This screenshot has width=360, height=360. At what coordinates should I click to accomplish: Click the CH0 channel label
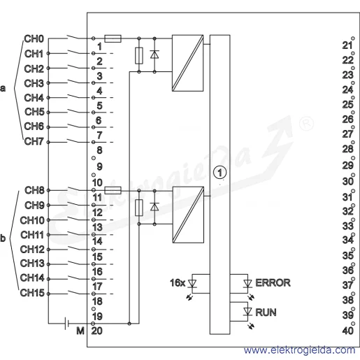click(x=34, y=39)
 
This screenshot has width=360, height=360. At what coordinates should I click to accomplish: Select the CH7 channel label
click(x=34, y=141)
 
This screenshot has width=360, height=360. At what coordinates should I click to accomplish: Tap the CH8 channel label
click(x=34, y=190)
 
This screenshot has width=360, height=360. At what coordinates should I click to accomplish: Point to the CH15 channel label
click(x=32, y=293)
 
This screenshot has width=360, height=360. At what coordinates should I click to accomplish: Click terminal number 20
click(x=96, y=331)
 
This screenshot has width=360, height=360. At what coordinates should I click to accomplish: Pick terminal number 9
click(x=99, y=166)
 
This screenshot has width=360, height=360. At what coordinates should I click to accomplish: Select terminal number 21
click(x=347, y=45)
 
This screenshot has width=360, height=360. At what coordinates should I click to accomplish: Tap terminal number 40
click(x=348, y=331)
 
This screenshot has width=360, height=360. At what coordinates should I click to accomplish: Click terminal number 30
click(x=348, y=181)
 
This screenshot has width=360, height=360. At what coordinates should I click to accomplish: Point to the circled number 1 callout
click(x=219, y=173)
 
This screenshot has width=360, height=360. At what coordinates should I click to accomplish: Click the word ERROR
click(x=273, y=283)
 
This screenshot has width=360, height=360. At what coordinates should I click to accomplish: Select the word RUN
click(x=266, y=312)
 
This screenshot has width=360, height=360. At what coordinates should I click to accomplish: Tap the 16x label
click(x=178, y=283)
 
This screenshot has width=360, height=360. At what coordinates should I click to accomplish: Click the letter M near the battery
click(x=80, y=331)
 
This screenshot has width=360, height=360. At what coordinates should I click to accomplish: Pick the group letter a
click(x=3, y=89)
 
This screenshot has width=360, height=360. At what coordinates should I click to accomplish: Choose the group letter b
click(x=3, y=238)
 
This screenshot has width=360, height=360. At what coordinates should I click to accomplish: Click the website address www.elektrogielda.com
click(x=300, y=350)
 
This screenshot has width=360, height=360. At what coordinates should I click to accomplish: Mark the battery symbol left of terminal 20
click(x=66, y=323)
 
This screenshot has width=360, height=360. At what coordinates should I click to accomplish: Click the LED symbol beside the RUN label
click(x=247, y=312)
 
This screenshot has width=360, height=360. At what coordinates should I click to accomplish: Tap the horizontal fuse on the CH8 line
click(x=113, y=190)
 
